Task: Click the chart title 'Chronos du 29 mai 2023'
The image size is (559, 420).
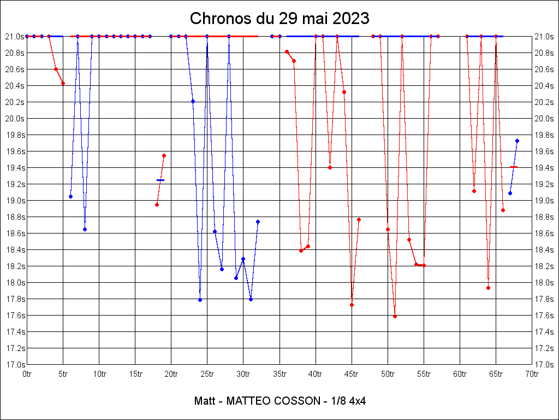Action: click(x=279, y=19)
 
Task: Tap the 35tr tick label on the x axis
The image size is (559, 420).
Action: click(x=279, y=374)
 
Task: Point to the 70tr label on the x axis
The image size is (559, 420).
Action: click(x=532, y=374)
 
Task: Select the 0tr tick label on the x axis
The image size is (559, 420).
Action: click(x=27, y=374)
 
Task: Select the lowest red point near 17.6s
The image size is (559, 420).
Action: click(x=395, y=316)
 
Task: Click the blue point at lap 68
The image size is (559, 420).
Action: click(x=517, y=141)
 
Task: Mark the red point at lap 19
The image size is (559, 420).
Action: click(x=164, y=155)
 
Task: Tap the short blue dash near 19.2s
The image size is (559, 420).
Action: click(x=160, y=180)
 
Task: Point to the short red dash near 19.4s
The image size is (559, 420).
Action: click(x=514, y=167)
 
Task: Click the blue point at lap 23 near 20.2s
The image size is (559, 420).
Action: click(x=193, y=101)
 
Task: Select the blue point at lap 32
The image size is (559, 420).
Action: click(x=258, y=221)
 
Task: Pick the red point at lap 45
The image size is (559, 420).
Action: click(x=352, y=305)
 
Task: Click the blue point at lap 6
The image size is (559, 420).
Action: click(x=70, y=196)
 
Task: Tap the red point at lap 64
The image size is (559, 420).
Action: click(x=488, y=288)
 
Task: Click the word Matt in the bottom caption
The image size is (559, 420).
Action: click(x=204, y=401)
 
